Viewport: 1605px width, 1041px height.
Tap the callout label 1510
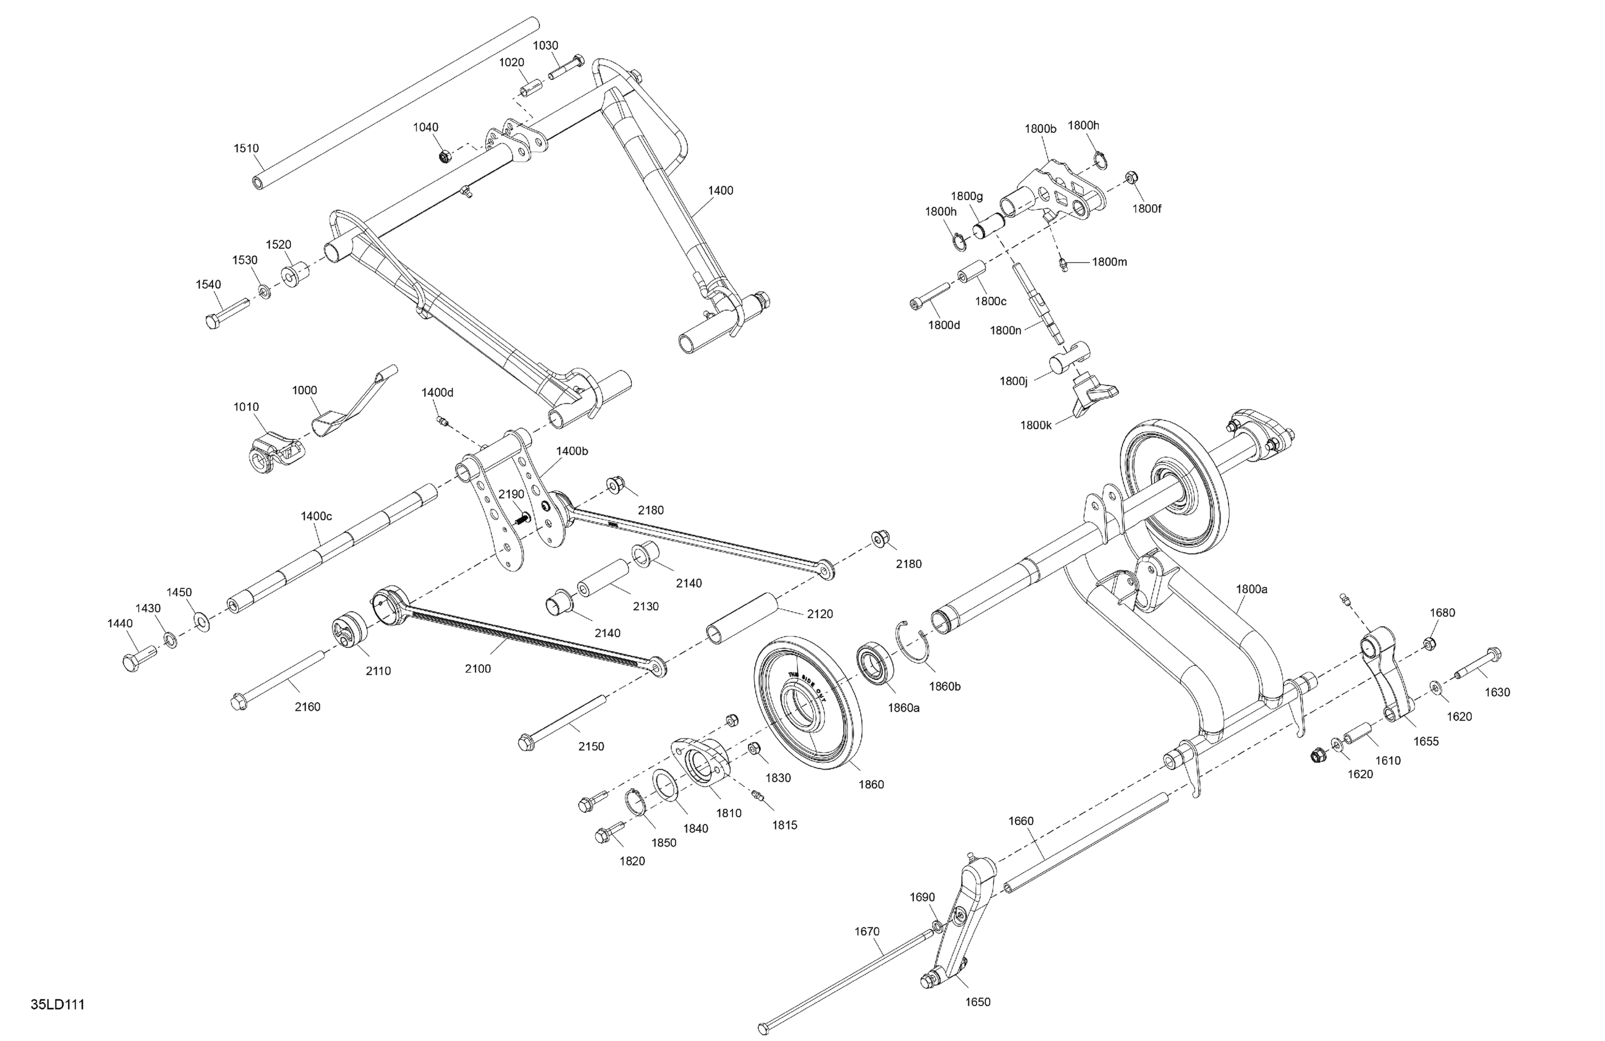click(246, 148)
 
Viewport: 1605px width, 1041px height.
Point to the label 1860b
click(944, 687)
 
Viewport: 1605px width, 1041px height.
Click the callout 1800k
click(1036, 425)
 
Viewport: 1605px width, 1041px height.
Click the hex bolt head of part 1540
click(212, 321)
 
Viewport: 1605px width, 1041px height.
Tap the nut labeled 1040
click(445, 157)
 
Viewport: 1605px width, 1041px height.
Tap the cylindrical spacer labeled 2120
click(742, 617)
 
